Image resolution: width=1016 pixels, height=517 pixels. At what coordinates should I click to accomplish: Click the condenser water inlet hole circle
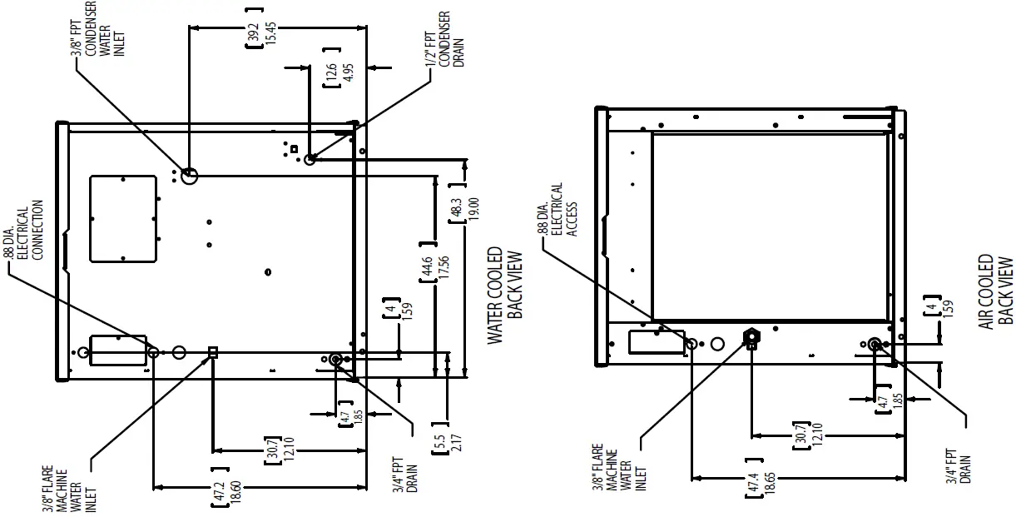(x=189, y=176)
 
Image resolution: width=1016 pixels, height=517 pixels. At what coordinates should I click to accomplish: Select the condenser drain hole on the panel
(x=310, y=159)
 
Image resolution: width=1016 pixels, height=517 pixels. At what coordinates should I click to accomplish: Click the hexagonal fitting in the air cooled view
(x=751, y=336)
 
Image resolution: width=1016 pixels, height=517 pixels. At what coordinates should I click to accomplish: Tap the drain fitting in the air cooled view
(x=875, y=344)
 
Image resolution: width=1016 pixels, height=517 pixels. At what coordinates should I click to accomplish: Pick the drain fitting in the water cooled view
(x=335, y=359)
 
